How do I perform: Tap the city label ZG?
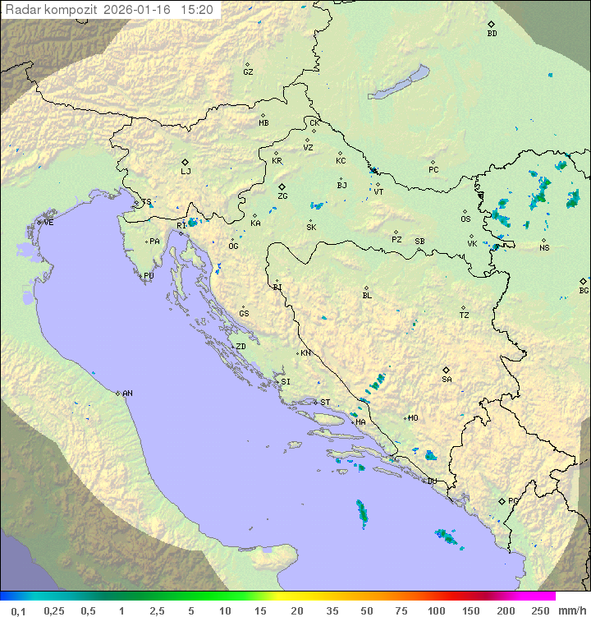tap(282, 197)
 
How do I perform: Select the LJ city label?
tap(186, 172)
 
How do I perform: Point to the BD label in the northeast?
tap(492, 34)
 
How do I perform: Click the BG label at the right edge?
tap(584, 290)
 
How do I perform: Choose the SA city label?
tap(447, 380)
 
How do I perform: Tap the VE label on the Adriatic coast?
tap(48, 223)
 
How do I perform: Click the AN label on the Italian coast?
tap(127, 394)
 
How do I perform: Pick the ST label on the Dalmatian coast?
tap(325, 403)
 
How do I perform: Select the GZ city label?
tap(248, 72)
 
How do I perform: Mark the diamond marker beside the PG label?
tap(502, 500)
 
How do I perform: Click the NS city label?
tap(544, 248)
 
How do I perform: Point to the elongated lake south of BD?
tap(400, 83)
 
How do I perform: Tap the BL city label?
tap(367, 296)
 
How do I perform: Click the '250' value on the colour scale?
tap(539, 610)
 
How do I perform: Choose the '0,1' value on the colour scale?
tap(18, 610)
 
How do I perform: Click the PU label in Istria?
tap(149, 276)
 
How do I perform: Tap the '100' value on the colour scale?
tap(436, 610)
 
